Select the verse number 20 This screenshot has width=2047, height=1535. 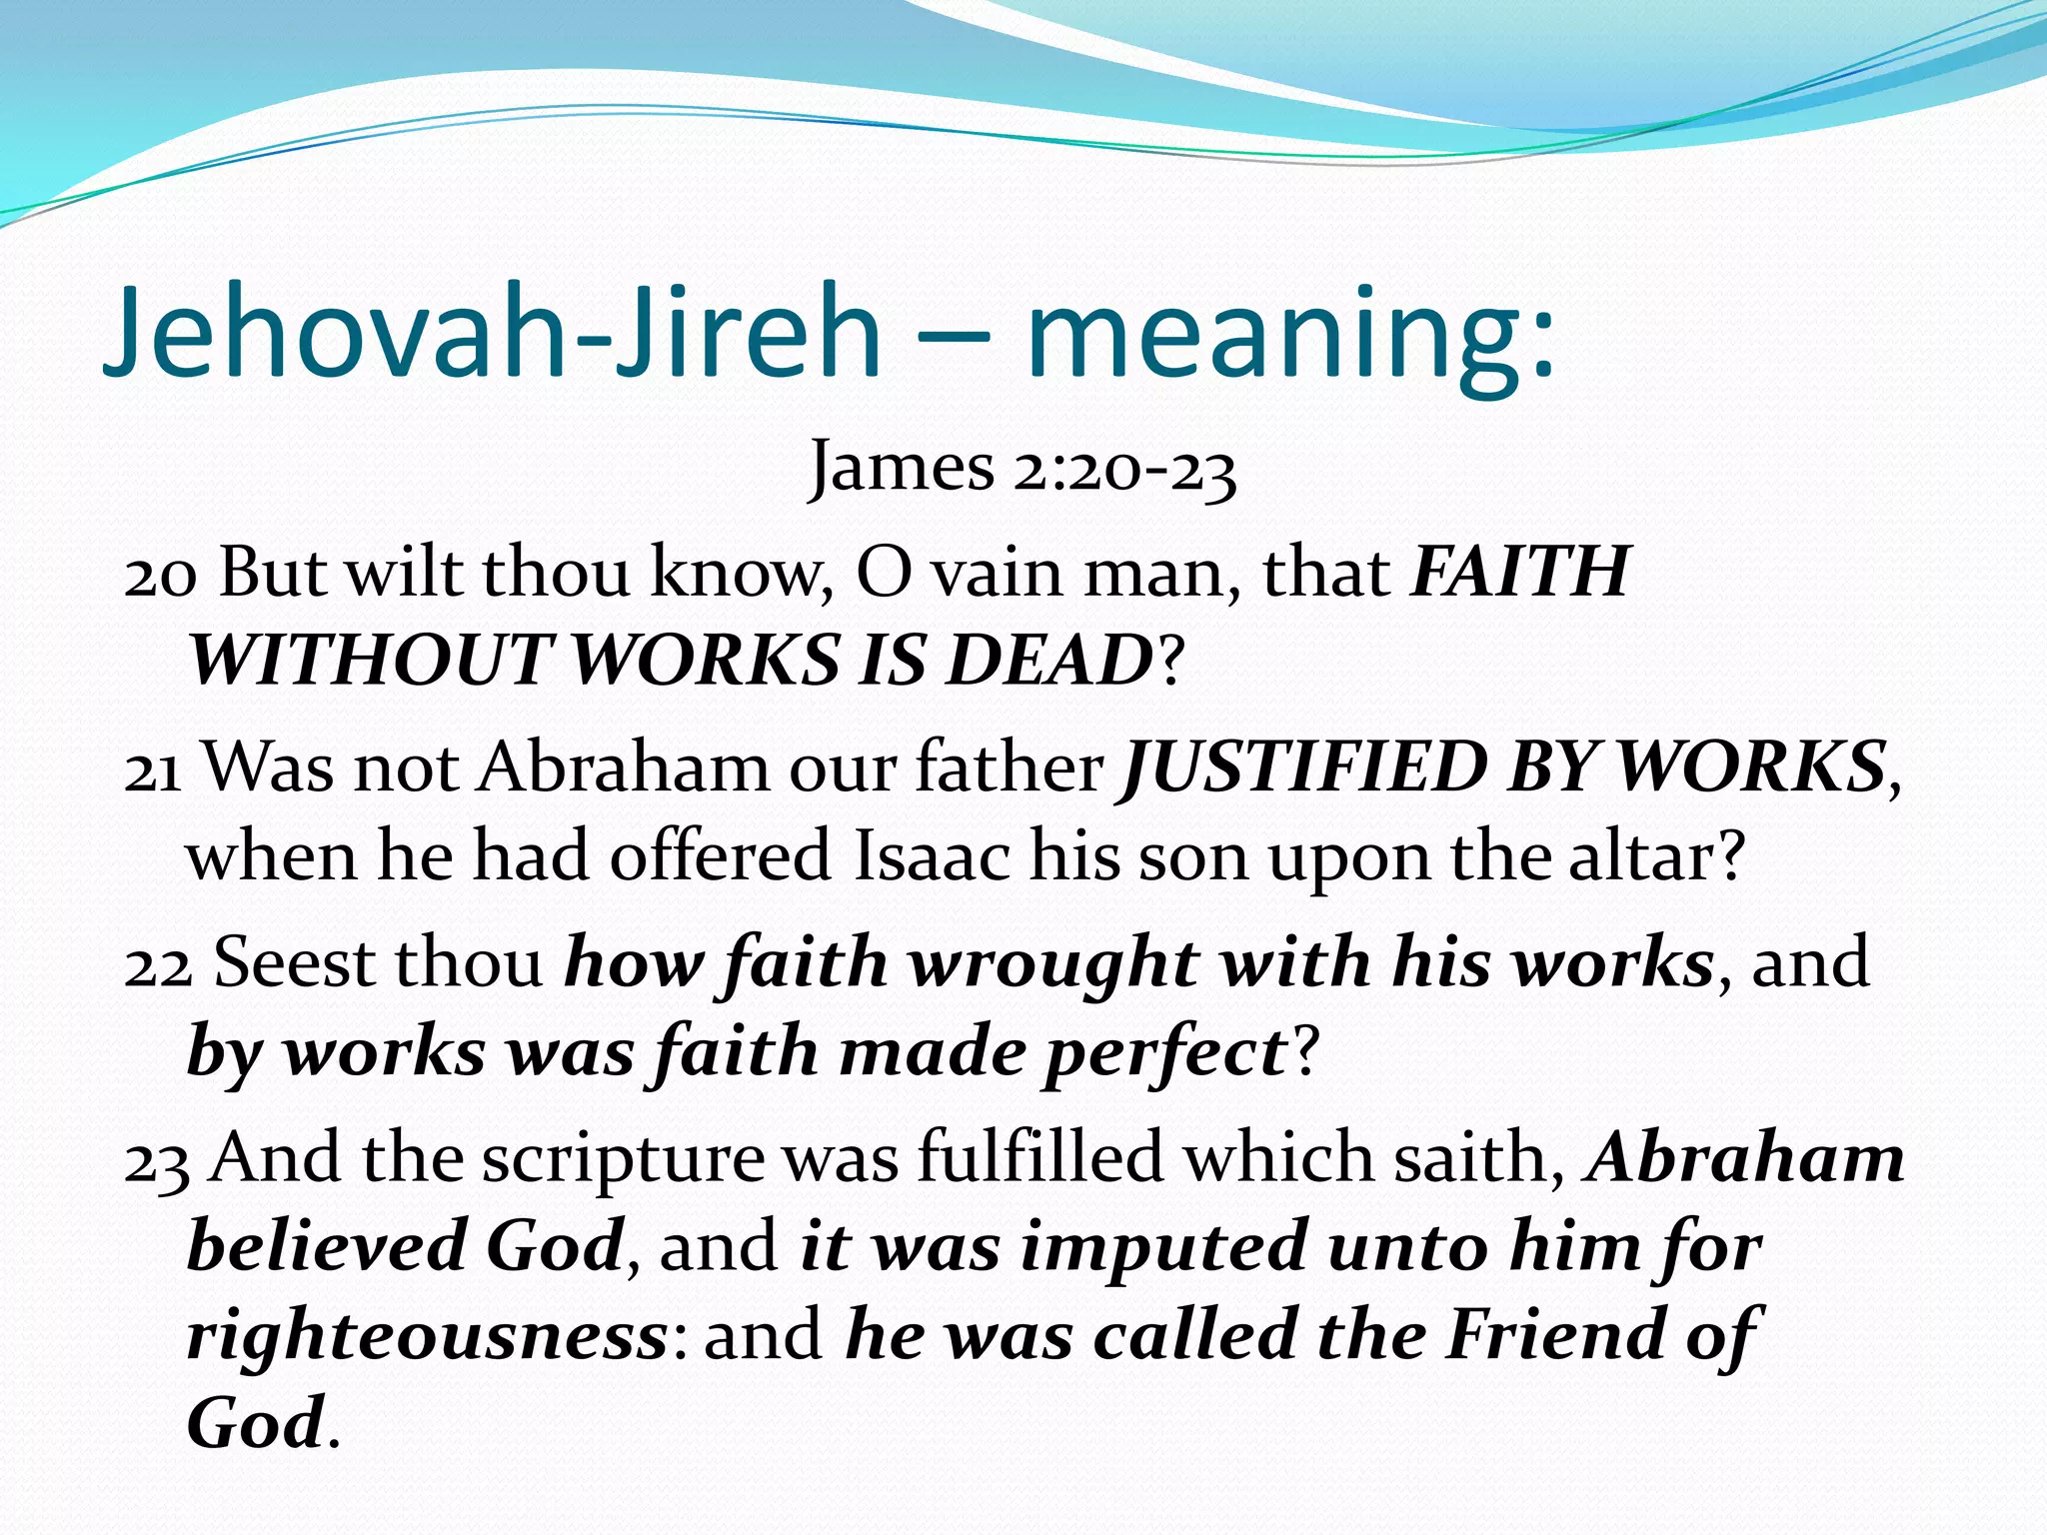click(x=160, y=574)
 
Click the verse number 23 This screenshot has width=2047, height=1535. click(x=157, y=1160)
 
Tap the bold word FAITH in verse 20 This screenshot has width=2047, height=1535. click(x=1520, y=572)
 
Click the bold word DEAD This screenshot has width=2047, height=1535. click(x=1049, y=661)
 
